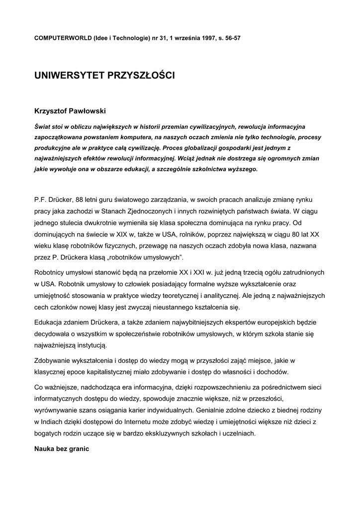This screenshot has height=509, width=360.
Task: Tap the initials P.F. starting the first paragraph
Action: (x=40, y=200)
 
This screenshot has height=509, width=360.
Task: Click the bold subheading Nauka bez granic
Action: (x=61, y=449)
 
